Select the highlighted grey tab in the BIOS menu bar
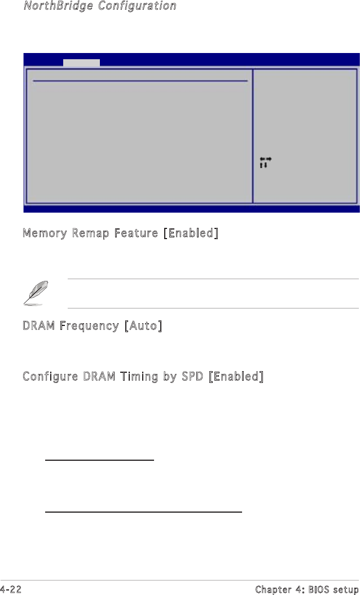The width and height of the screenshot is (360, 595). coord(81,63)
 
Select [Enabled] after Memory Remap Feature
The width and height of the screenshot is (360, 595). coord(191,233)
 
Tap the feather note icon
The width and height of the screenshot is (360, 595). coord(35,294)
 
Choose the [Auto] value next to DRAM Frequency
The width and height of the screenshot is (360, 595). coord(143,326)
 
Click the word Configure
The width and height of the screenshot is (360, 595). coord(49,376)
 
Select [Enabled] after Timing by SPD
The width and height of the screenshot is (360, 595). coord(235,376)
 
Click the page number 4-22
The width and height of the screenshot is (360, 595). coord(12,589)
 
